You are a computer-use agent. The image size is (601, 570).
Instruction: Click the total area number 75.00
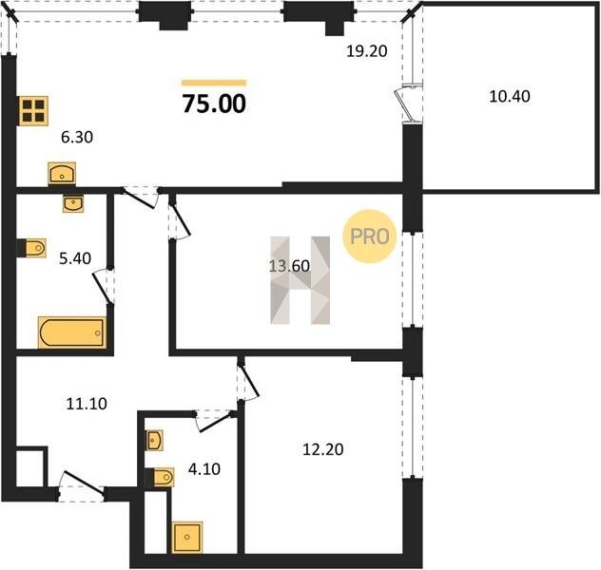point(214,104)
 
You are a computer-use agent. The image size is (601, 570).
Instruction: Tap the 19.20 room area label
point(367,51)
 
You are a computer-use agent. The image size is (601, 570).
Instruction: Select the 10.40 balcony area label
point(510,96)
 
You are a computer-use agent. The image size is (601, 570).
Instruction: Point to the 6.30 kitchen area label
point(77,137)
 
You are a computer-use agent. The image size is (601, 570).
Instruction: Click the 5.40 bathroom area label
point(75,258)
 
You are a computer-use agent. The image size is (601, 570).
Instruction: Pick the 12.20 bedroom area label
point(322,449)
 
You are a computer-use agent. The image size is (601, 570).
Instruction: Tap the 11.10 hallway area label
point(87,404)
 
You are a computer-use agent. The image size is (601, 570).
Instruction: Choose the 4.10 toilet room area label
point(204,469)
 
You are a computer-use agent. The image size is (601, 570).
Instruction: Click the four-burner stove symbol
point(33,110)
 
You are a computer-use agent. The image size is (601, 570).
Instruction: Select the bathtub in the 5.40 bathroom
point(72,332)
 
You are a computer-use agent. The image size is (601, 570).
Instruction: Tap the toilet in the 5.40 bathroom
point(32,248)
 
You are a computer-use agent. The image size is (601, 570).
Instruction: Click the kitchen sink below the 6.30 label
point(62,174)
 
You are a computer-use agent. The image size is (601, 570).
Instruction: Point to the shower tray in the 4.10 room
point(187,537)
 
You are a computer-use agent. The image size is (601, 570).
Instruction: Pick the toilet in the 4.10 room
point(160,477)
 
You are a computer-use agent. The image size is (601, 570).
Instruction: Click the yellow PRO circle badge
point(369,237)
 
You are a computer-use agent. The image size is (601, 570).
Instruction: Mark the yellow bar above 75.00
point(214,83)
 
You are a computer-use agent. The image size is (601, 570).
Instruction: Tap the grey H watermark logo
point(300,280)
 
